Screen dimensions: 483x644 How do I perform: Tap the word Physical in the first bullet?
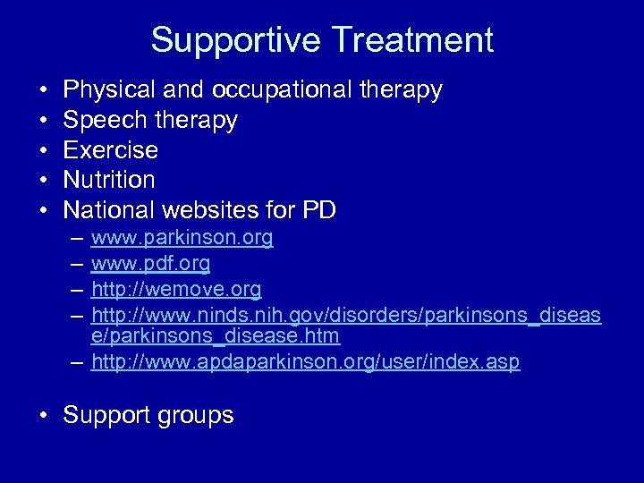[x=108, y=89]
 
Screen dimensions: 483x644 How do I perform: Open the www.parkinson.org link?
[x=182, y=240]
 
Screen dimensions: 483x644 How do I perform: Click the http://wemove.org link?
[x=176, y=289]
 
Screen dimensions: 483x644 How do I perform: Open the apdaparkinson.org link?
[x=306, y=362]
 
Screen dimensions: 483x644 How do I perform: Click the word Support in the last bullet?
[x=109, y=416]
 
